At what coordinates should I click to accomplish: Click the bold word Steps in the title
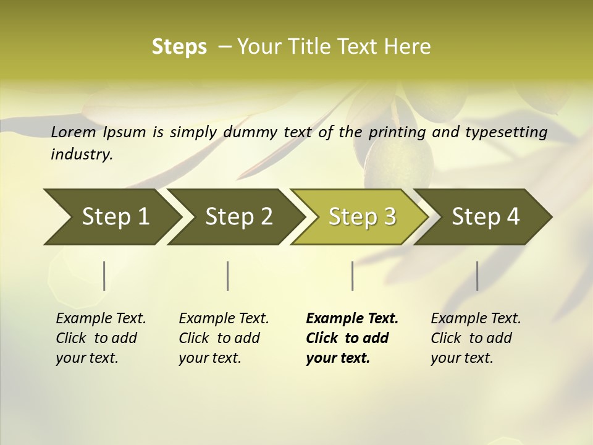[179, 47]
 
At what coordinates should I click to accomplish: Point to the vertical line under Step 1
[104, 276]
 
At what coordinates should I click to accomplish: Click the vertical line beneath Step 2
[228, 276]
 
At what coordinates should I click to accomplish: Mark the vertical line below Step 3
[352, 276]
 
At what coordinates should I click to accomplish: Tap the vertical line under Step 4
[477, 276]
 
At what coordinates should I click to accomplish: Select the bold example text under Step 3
[352, 338]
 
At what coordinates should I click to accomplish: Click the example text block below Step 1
[101, 338]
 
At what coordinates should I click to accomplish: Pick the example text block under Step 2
[224, 338]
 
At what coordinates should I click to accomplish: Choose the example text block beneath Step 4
[476, 338]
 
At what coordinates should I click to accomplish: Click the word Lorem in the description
[74, 132]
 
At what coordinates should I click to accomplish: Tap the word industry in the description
[82, 155]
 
